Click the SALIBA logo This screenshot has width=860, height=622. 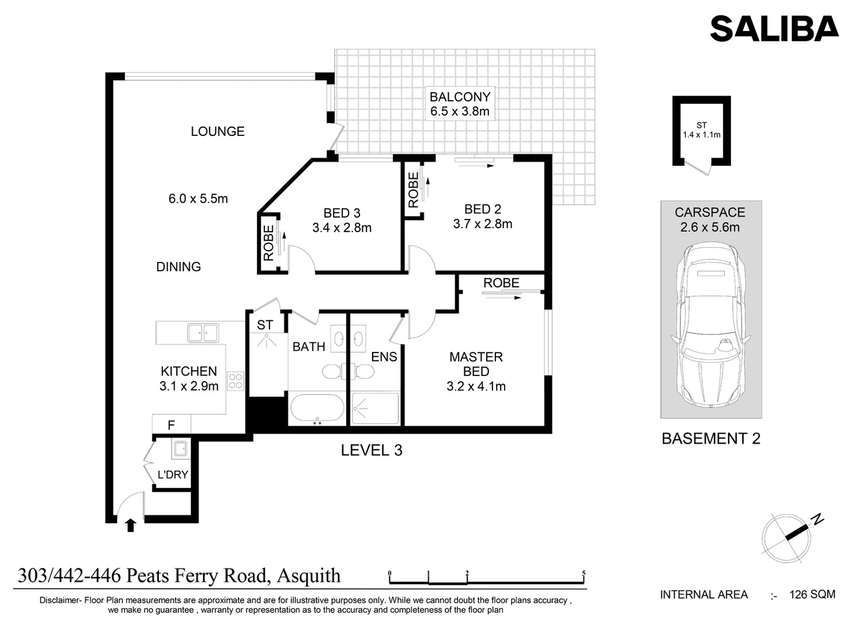click(x=774, y=28)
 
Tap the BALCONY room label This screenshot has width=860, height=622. click(x=460, y=97)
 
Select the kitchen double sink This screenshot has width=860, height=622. click(x=203, y=333)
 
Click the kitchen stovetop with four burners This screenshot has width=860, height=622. click(x=236, y=381)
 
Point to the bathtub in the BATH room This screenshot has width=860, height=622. click(x=317, y=409)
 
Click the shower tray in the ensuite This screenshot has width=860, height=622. click(x=375, y=408)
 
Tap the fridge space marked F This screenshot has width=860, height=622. click(x=171, y=425)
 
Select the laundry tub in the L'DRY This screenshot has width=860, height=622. click(x=180, y=449)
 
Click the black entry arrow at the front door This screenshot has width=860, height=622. click(x=131, y=525)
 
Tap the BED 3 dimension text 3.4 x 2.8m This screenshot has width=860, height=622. click(x=342, y=227)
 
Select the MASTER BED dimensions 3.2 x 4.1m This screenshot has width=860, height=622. click(x=476, y=386)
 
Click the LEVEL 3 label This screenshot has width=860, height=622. click(x=372, y=450)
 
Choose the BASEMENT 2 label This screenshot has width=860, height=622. click(x=711, y=438)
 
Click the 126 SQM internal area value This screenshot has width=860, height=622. click(x=812, y=594)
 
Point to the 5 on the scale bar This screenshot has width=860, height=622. click(x=584, y=573)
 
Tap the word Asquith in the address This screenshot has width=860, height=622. click(x=309, y=576)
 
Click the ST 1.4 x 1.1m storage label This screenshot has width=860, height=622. click(x=702, y=130)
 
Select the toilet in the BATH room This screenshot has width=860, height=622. click(x=333, y=371)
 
